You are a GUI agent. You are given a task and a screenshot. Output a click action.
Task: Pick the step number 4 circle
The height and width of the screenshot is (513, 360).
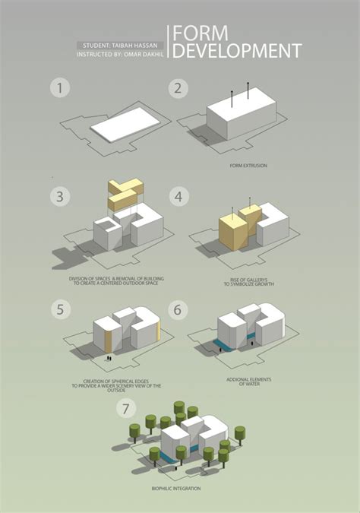point(177,197)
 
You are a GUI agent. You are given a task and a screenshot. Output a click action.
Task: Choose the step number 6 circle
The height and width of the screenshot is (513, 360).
point(177,309)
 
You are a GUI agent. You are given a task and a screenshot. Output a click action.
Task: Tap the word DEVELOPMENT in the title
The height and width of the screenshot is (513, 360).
point(237,51)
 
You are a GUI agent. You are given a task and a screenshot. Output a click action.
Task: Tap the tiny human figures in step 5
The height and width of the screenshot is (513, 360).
point(109,356)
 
